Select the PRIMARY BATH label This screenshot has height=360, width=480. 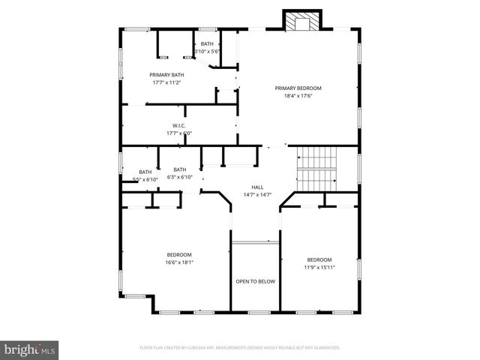tap(166, 74)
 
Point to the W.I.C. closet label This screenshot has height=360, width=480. tap(179, 125)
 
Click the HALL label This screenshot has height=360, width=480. tap(257, 187)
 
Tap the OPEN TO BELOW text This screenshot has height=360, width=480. tap(256, 281)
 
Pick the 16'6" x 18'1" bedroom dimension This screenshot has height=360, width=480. tap(179, 262)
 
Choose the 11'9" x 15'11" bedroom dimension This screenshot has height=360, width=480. tap(319, 267)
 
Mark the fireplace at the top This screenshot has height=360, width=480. tap(302, 22)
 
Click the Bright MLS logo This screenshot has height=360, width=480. tap(30, 349)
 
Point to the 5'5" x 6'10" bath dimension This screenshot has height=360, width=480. tap(145, 179)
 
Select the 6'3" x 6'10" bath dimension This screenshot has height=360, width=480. tap(180, 177)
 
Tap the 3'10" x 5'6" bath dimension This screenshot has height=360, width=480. tap(207, 51)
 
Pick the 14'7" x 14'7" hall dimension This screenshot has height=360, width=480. tap(257, 194)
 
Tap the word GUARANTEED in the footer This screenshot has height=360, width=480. tap(325, 348)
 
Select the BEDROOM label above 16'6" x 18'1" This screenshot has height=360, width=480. tap(179, 255)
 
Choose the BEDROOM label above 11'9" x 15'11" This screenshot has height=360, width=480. tap(319, 259)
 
